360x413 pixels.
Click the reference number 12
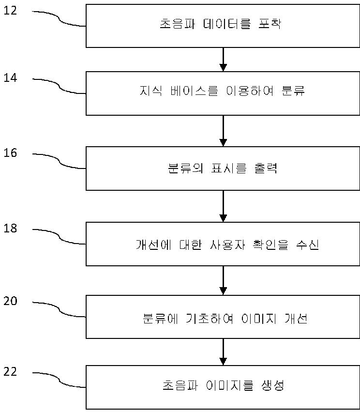10,10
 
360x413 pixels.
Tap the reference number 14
10,77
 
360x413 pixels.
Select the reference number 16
10,153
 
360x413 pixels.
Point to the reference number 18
10,228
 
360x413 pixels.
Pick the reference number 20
10,301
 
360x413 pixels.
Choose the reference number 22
10,371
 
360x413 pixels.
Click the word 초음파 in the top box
178,23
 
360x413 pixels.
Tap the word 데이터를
227,23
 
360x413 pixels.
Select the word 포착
270,23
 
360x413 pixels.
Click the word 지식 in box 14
151,91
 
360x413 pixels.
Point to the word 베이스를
194,91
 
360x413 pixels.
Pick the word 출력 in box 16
266,168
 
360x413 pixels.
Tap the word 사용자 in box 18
227,245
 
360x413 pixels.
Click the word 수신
308,245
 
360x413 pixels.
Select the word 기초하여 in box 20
210,318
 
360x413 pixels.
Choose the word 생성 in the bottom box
273,385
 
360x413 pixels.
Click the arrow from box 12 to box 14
223,60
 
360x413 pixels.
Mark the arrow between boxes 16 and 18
223,206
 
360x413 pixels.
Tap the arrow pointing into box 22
223,352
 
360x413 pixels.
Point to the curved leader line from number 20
60,311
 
